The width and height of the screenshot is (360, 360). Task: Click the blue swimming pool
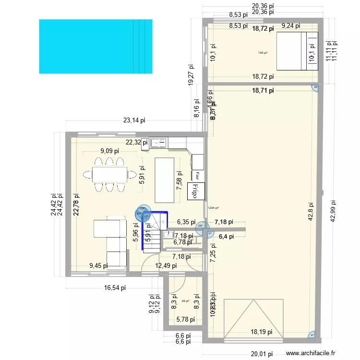96,47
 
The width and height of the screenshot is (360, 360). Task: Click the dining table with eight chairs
110,174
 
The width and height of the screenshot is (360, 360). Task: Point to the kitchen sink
158,143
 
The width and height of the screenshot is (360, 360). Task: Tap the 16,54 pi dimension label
115,288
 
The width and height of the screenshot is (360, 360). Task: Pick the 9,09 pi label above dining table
110,151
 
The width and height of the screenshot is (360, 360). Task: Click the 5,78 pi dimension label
185,319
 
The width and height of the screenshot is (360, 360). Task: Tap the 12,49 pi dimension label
166,265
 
